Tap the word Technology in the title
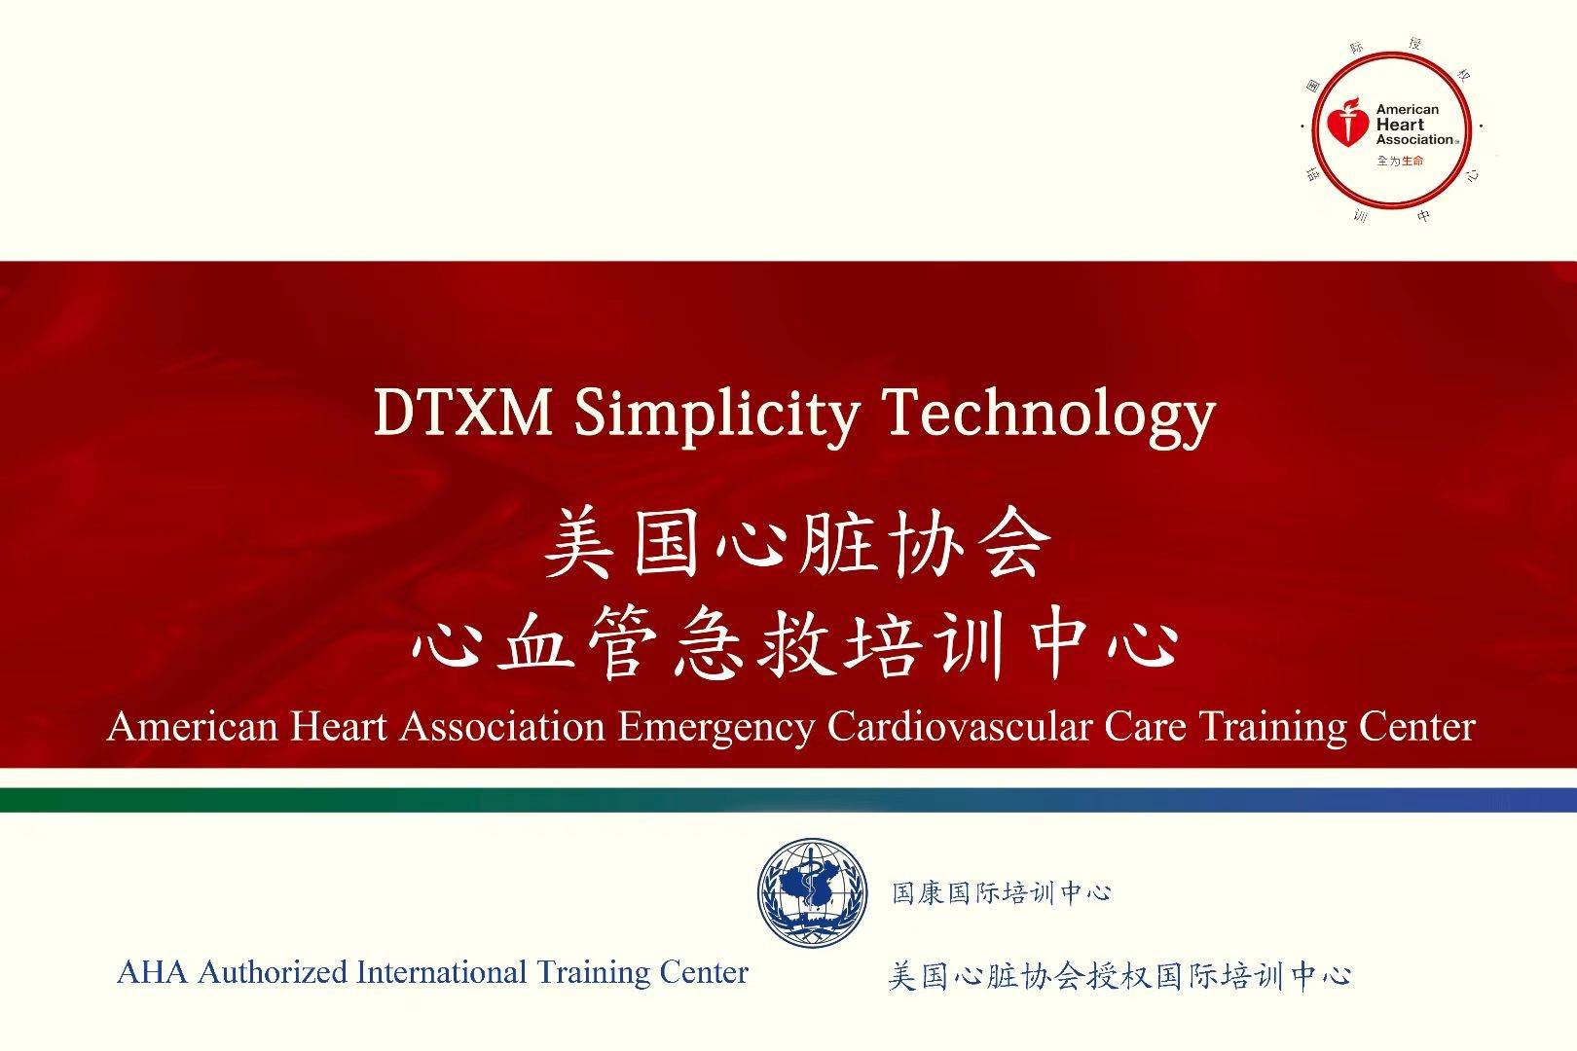(x=1048, y=417)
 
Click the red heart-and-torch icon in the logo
(x=1347, y=124)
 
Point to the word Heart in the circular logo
(x=1400, y=125)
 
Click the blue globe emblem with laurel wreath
(x=813, y=892)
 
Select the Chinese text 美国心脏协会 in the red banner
(x=797, y=543)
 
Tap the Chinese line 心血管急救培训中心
(x=795, y=642)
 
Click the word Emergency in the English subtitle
(x=716, y=728)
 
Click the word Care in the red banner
(x=1145, y=727)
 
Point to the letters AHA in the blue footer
(x=152, y=972)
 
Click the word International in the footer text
(x=441, y=972)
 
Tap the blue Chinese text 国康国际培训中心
(x=1001, y=893)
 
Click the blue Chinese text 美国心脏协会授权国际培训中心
(x=1119, y=976)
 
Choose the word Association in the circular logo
(x=1414, y=140)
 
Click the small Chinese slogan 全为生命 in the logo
(x=1400, y=161)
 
